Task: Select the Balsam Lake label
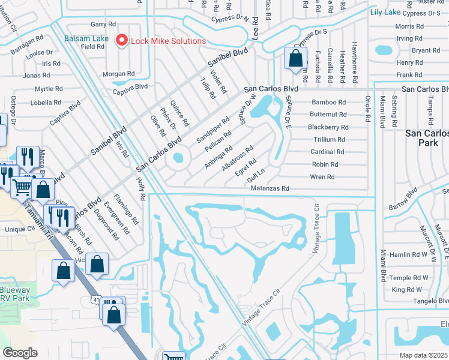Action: point(87,38)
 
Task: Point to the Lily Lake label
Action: point(385,12)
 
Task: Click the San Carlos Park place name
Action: point(426,138)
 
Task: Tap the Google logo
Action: point(20,353)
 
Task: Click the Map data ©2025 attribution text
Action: point(423,355)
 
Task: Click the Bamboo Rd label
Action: point(328,103)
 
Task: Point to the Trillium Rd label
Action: point(328,139)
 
